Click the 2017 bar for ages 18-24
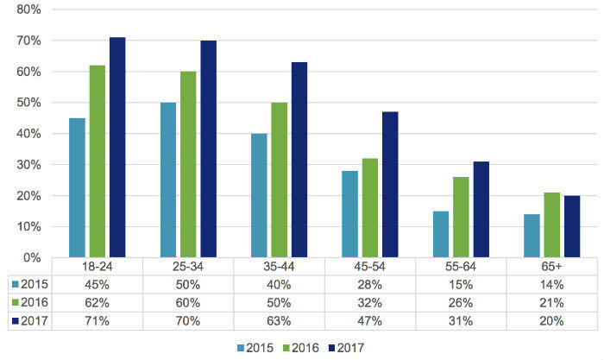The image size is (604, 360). tap(118, 148)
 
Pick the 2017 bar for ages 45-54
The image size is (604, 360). tap(390, 185)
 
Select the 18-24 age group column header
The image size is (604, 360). tap(98, 268)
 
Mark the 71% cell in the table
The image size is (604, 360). tap(98, 320)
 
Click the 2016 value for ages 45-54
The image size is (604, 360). tap(369, 302)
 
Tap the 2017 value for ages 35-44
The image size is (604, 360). tap(279, 320)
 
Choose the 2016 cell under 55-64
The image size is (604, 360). tap(460, 302)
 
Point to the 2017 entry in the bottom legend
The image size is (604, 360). tap(346, 347)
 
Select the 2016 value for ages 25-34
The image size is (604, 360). tap(188, 302)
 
